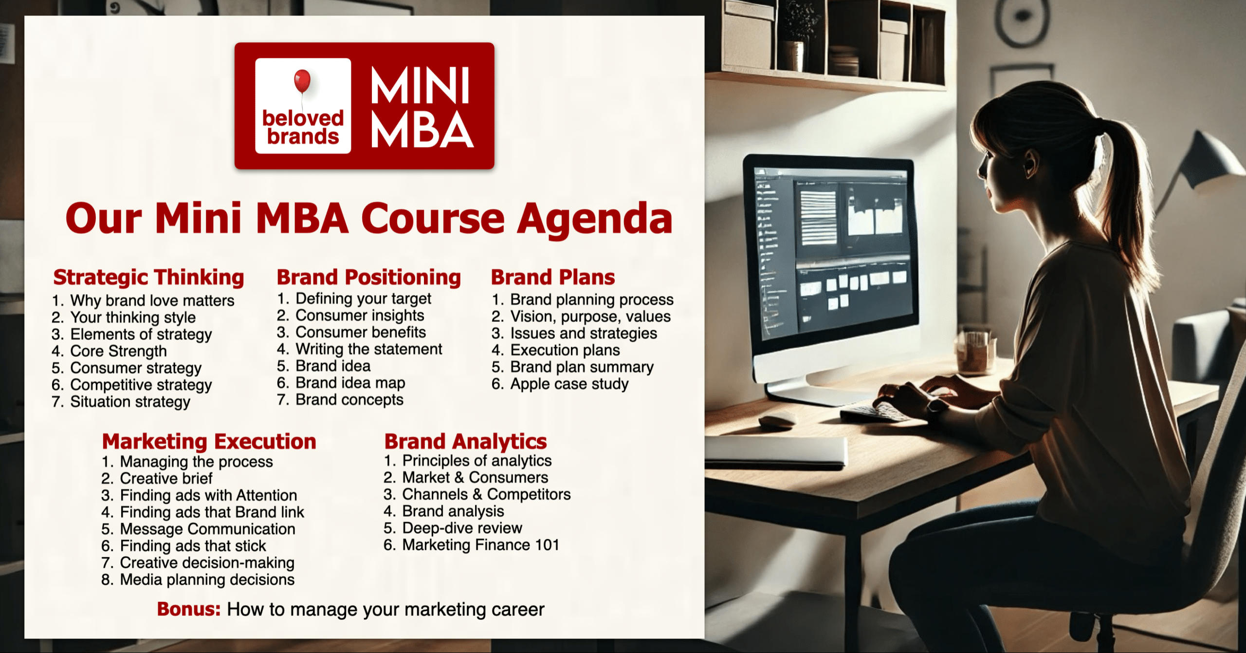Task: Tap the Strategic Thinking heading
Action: [148, 277]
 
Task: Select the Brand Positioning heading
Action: [368, 277]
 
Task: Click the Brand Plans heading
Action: [553, 277]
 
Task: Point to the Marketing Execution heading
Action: [209, 442]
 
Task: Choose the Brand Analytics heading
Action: [465, 442]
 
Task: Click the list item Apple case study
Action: [569, 384]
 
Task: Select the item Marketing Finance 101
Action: [480, 545]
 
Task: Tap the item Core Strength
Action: [118, 351]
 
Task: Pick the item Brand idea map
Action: [350, 383]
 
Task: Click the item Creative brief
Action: [166, 479]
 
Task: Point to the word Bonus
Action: [188, 609]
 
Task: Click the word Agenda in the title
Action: [594, 219]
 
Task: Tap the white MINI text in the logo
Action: [420, 86]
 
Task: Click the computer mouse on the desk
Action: [778, 420]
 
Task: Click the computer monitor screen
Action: [832, 248]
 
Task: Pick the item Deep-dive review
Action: [462, 528]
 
